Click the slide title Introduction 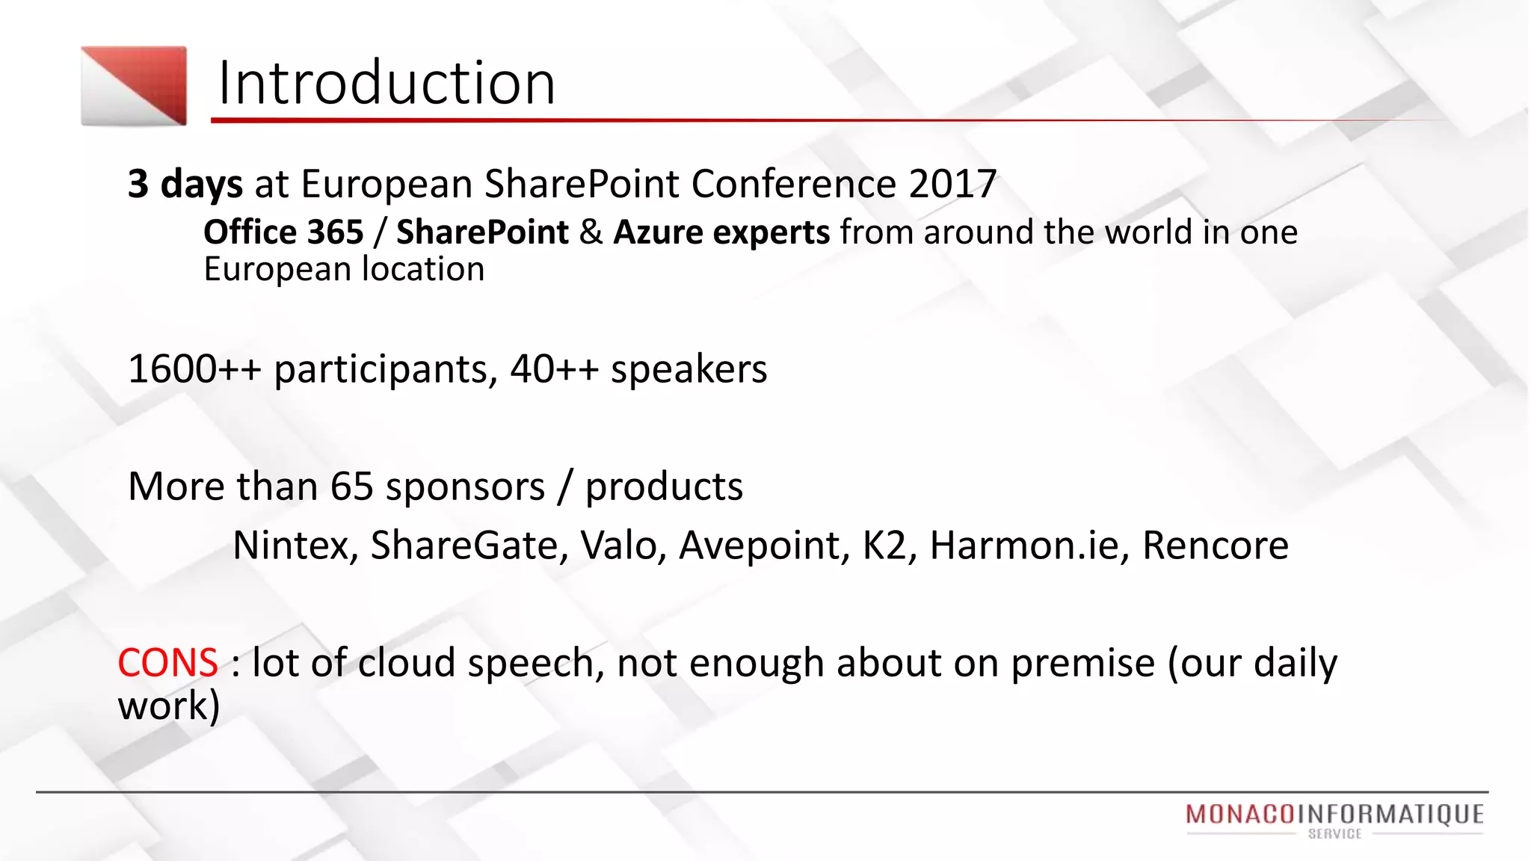386,83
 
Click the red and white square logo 134,86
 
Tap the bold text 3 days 185,184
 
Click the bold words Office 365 283,232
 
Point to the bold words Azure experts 721,232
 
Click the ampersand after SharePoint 591,232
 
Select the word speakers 689,369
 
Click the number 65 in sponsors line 351,487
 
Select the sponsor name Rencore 1215,546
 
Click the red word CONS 167,663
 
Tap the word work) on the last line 169,706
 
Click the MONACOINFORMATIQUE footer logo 1334,814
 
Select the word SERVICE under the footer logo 1334,834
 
